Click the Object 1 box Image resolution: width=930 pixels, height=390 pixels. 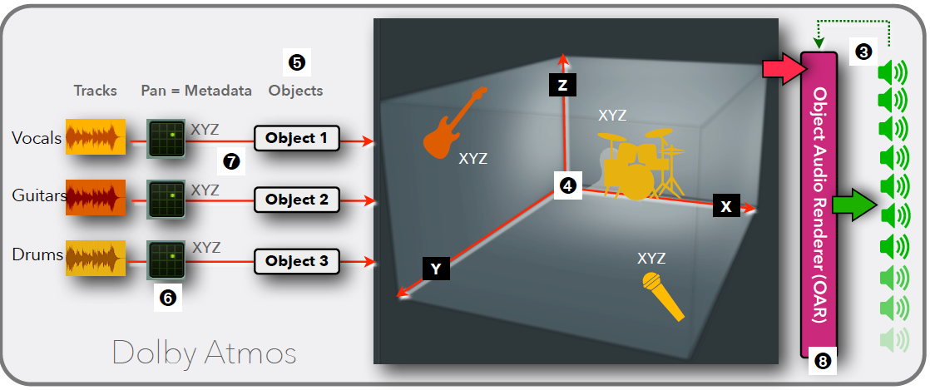point(297,139)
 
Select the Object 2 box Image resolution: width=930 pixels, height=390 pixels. point(297,200)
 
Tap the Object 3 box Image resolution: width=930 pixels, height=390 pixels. point(297,261)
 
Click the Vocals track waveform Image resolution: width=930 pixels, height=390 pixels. point(96,138)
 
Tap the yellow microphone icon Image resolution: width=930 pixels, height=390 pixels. point(663,296)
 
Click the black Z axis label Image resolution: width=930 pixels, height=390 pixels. point(562,83)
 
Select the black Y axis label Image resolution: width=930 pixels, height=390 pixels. point(436,268)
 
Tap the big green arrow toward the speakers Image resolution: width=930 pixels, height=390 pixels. point(855,205)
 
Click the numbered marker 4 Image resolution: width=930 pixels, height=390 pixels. point(567,185)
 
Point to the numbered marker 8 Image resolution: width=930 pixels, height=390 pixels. point(822,361)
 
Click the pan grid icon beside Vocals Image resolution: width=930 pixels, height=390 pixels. point(166,138)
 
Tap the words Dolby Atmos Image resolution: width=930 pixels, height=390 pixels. point(204,353)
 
